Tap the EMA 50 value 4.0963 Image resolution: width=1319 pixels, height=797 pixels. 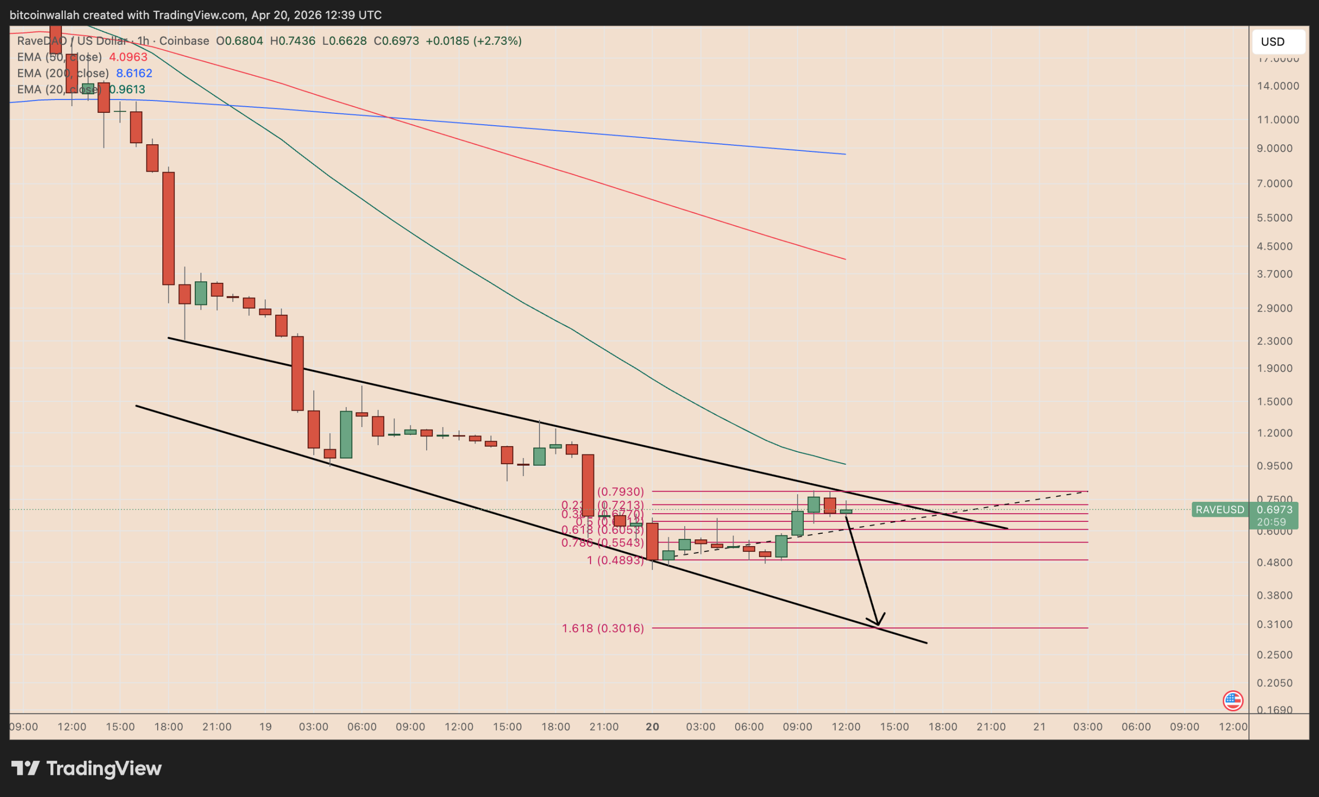(x=128, y=57)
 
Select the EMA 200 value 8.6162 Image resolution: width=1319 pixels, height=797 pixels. (x=134, y=73)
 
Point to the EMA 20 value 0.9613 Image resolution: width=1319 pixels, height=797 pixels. (x=127, y=90)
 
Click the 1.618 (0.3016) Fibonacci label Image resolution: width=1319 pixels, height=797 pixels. (x=603, y=629)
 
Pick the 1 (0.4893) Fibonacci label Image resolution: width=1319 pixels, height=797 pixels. (x=615, y=561)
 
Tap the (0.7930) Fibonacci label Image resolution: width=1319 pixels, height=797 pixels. (x=620, y=491)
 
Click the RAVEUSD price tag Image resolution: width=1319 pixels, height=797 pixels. (x=1220, y=510)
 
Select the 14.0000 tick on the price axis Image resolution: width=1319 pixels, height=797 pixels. (x=1277, y=86)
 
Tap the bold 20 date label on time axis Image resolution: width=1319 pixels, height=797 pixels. (x=652, y=727)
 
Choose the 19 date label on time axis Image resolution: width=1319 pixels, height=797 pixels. (x=265, y=727)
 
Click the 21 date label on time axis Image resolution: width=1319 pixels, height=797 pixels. (x=1040, y=727)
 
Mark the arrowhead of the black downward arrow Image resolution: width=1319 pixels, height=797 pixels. (x=877, y=623)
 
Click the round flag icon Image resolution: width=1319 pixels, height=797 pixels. (x=1233, y=701)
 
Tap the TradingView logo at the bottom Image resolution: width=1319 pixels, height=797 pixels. (x=87, y=769)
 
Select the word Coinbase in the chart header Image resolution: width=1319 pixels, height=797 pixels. (x=184, y=41)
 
